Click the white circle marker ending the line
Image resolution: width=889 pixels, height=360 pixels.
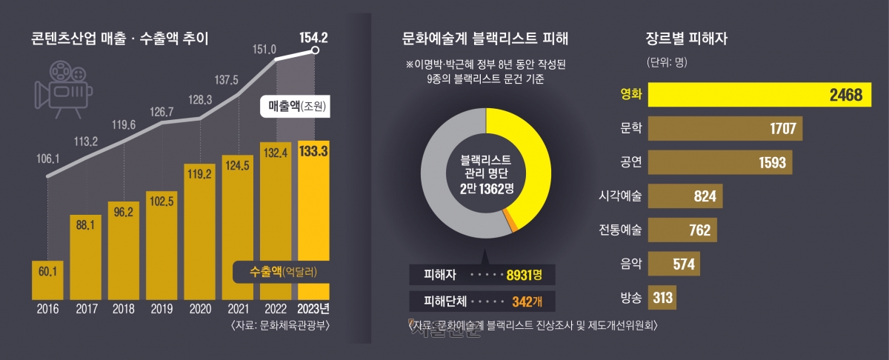tap(316, 50)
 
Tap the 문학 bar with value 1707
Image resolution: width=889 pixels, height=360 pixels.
tap(725, 129)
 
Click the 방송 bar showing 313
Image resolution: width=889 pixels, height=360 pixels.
tap(662, 298)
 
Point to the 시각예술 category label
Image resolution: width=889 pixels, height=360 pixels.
tap(621, 196)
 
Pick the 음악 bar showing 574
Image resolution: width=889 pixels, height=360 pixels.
tap(674, 264)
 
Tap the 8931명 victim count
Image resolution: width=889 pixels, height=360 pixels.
tap(523, 274)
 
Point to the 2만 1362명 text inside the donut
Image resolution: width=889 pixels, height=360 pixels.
tap(486, 190)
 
